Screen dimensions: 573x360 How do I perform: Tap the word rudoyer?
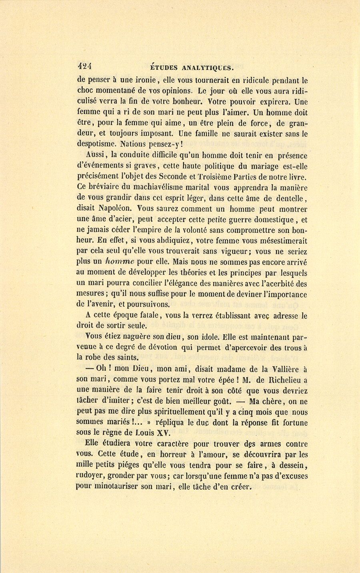89,477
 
